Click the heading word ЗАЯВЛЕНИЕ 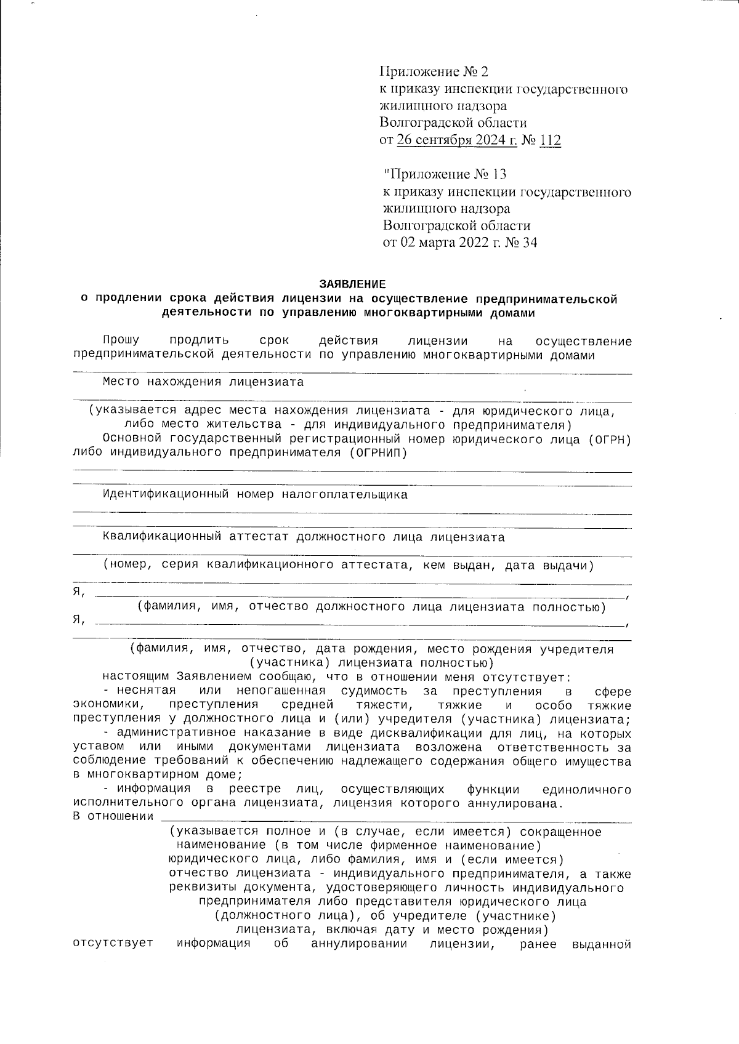(x=352, y=284)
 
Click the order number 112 (x=550, y=140)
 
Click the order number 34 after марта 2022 (x=529, y=243)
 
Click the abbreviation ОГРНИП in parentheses (x=373, y=452)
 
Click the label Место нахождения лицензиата (x=203, y=382)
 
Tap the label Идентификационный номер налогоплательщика (x=255, y=494)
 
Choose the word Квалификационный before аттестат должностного (x=162, y=537)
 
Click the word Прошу (x=121, y=340)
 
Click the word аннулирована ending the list (x=519, y=803)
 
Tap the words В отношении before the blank (x=113, y=817)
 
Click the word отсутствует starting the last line (x=113, y=944)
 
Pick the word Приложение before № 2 (x=416, y=72)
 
